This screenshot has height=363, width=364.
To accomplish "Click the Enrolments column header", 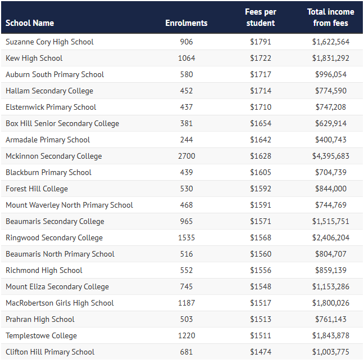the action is pyautogui.click(x=186, y=23).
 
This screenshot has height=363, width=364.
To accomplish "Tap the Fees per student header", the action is pyautogui.click(x=261, y=17).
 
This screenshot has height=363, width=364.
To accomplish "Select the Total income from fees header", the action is pyautogui.click(x=330, y=17).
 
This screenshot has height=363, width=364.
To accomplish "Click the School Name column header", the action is pyautogui.click(x=30, y=23).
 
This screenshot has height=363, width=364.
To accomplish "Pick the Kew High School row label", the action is pyautogui.click(x=34, y=58).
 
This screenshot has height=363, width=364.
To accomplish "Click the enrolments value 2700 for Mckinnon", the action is pyautogui.click(x=186, y=156).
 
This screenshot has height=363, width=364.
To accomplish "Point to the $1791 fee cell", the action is pyautogui.click(x=261, y=42).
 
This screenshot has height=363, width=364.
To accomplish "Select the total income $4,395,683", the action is pyautogui.click(x=330, y=156).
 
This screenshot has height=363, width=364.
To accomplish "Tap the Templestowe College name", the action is pyautogui.click(x=41, y=335).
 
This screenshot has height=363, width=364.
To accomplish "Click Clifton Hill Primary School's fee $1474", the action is pyautogui.click(x=261, y=352).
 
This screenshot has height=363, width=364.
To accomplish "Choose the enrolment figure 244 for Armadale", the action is pyautogui.click(x=186, y=140).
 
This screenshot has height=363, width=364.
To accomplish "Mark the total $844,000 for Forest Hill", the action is pyautogui.click(x=330, y=189).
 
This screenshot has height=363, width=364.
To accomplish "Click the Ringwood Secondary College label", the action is pyautogui.click(x=54, y=237).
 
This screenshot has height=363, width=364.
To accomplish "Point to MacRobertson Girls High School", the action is pyautogui.click(x=60, y=303).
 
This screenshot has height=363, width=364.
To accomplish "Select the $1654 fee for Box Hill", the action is pyautogui.click(x=261, y=123).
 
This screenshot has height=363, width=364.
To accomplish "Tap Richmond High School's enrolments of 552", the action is pyautogui.click(x=186, y=270).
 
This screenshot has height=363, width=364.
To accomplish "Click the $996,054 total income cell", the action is pyautogui.click(x=330, y=74).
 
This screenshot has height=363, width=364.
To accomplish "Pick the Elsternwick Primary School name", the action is pyautogui.click(x=51, y=107).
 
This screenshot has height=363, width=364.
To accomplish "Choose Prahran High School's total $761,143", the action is pyautogui.click(x=330, y=319).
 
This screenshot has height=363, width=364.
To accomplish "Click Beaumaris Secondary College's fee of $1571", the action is pyautogui.click(x=261, y=221).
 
